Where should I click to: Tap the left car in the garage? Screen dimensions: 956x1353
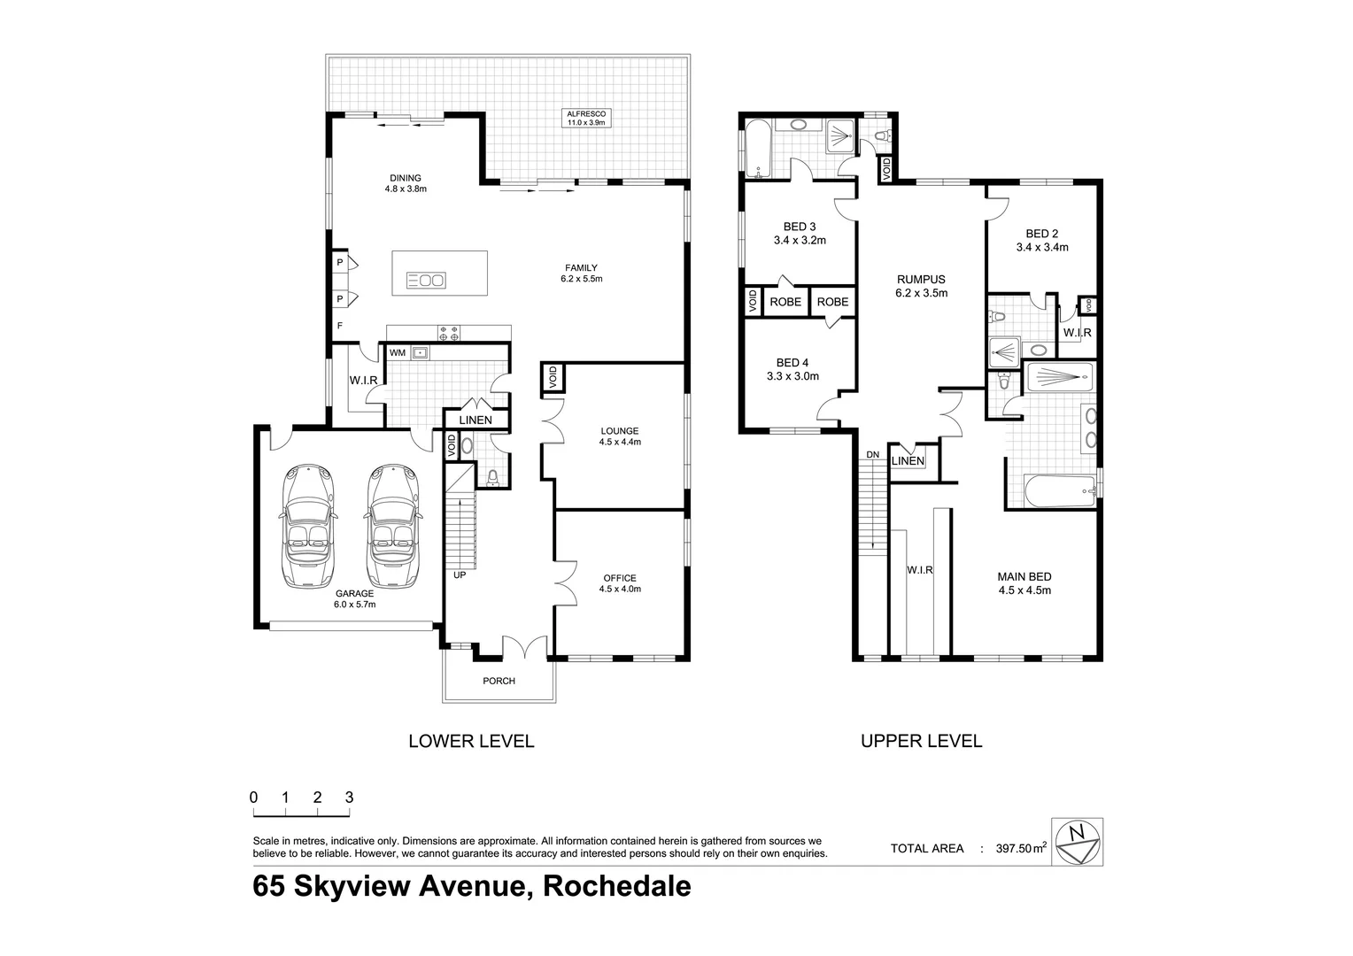[x=307, y=527]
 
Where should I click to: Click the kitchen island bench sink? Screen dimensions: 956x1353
[x=425, y=281]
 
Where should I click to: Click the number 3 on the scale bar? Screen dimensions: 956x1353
[x=349, y=797]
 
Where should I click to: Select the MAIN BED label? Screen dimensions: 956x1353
[x=1024, y=577]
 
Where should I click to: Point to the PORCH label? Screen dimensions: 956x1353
[x=499, y=681]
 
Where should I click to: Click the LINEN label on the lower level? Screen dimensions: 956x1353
[x=475, y=420]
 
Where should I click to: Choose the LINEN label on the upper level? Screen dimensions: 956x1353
[x=908, y=461]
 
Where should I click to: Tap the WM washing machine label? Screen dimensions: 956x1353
[x=398, y=353]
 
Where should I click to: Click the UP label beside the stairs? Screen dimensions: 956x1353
[x=460, y=575]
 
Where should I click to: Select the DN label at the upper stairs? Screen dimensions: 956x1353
[x=872, y=454]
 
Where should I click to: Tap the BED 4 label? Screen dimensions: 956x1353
[x=792, y=362]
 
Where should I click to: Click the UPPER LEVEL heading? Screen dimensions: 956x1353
[x=921, y=741]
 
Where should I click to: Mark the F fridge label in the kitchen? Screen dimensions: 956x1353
[x=339, y=326]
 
